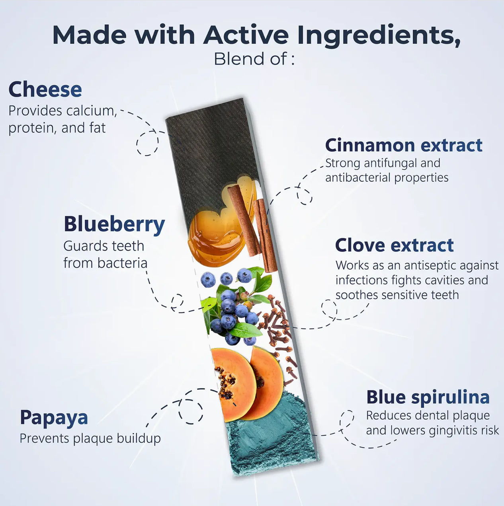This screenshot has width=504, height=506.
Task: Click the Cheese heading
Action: (x=45, y=90)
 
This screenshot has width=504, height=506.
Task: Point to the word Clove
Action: (x=361, y=245)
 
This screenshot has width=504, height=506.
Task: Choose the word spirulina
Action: (x=450, y=397)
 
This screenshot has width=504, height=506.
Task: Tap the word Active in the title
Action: (x=246, y=35)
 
